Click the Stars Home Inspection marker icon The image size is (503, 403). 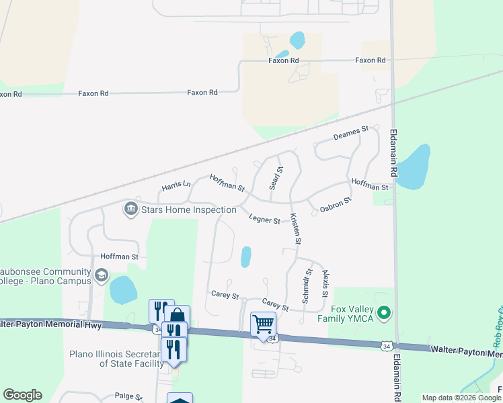click(129, 210)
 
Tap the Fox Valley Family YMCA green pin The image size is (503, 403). click(384, 312)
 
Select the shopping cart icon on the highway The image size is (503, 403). click(263, 324)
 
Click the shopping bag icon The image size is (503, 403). click(177, 316)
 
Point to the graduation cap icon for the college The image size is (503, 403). click(101, 275)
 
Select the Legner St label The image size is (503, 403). click(264, 219)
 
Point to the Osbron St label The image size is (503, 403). click(335, 205)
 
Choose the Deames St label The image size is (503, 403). click(352, 133)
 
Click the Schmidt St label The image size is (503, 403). click(307, 285)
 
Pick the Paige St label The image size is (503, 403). click(128, 396)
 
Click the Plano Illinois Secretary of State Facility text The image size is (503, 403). click(113, 359)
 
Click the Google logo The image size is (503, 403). click(22, 395)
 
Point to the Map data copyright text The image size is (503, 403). click(461, 398)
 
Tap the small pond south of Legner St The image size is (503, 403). click(246, 257)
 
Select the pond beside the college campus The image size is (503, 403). click(123, 290)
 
